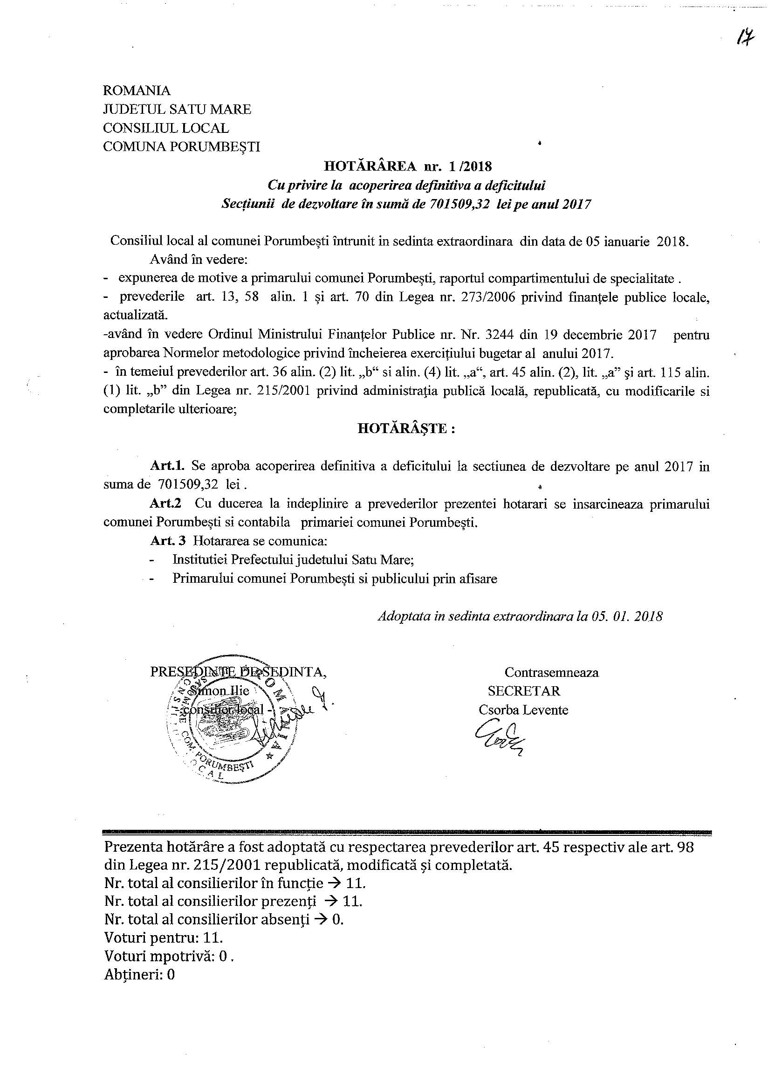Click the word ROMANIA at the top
(137, 90)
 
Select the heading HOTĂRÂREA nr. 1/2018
(408, 166)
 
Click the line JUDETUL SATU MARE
(177, 109)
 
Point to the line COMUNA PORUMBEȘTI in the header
(182, 146)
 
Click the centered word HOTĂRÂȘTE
(406, 429)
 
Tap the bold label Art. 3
(168, 541)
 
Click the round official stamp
(228, 724)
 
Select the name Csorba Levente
(523, 710)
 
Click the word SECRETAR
(524, 690)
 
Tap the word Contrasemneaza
(551, 672)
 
